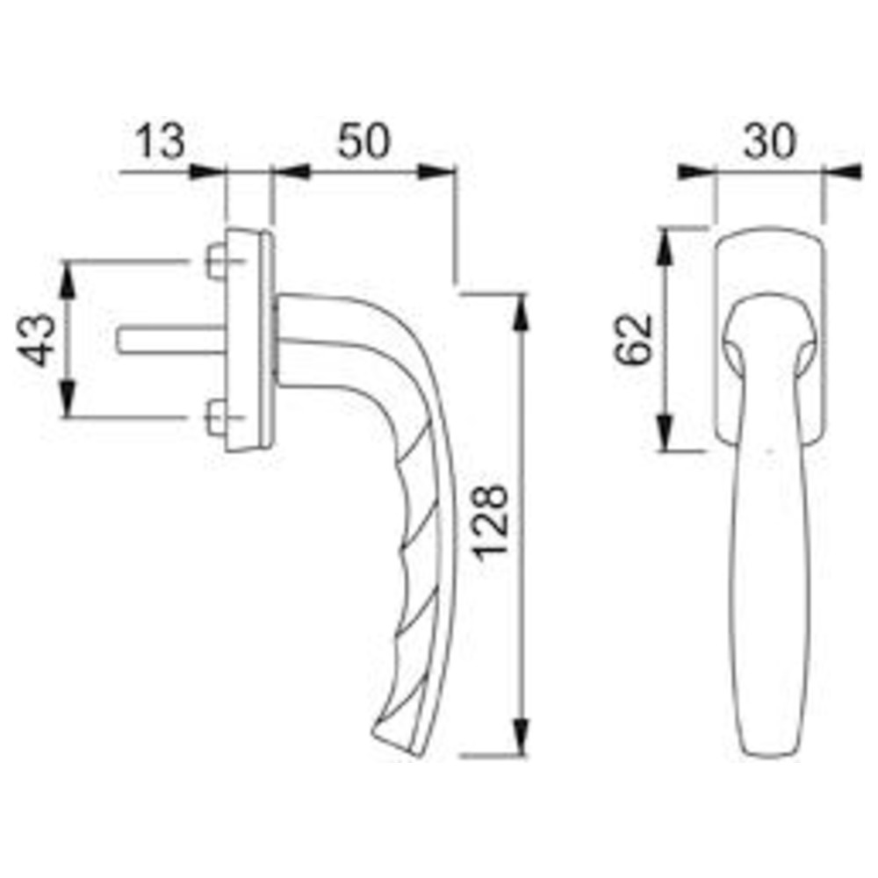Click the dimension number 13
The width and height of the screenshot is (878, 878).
pos(160,141)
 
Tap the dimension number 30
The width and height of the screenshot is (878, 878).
pos(769,141)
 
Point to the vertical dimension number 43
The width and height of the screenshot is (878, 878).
pos(37,340)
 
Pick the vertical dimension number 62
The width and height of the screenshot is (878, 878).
pos(634,340)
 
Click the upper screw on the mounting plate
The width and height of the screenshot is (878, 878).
pos(216,261)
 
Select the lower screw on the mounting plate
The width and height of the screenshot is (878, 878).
pos(216,417)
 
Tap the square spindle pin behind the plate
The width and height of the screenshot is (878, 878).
pos(172,341)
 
